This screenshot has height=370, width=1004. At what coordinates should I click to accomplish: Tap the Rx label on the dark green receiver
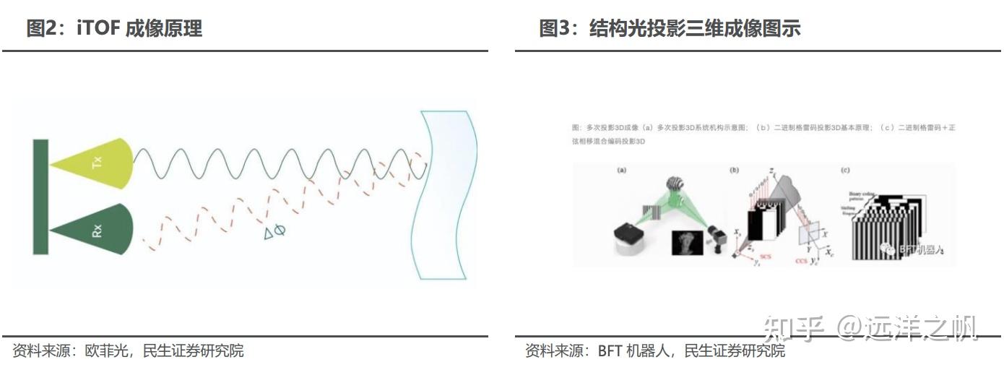[x=98, y=231]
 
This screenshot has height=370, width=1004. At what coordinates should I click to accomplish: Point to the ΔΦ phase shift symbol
[x=274, y=231]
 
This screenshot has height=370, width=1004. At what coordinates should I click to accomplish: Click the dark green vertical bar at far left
[x=40, y=197]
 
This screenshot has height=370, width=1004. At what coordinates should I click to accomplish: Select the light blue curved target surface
[x=448, y=195]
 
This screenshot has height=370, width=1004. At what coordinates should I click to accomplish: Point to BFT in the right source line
[x=613, y=351]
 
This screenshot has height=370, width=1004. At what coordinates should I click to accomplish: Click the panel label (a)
[x=621, y=171]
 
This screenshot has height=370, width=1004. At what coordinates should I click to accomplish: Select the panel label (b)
[x=735, y=171]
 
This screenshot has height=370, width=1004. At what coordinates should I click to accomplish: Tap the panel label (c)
[x=845, y=171]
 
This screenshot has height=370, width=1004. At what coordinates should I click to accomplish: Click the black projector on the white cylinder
[x=628, y=233]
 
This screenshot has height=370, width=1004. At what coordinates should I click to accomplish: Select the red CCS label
[x=801, y=259]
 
